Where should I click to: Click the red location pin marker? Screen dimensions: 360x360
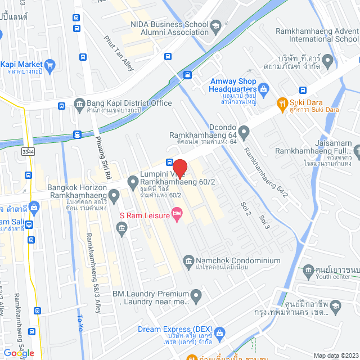click(179, 169)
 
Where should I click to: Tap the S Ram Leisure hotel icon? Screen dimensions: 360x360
click(177, 214)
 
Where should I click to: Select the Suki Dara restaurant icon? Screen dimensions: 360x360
click(282, 103)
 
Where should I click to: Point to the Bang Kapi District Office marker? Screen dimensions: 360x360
click(79, 103)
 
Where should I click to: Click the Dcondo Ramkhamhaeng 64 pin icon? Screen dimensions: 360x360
click(244, 133)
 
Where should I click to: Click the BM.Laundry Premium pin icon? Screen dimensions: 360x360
click(196, 295)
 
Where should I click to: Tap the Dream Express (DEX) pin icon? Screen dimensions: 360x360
click(219, 333)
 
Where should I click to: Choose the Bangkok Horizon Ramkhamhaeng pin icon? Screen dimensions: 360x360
click(114, 196)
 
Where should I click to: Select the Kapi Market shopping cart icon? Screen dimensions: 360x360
click(49, 65)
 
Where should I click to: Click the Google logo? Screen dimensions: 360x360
click(18, 353)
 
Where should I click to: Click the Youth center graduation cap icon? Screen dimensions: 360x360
click(308, 272)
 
